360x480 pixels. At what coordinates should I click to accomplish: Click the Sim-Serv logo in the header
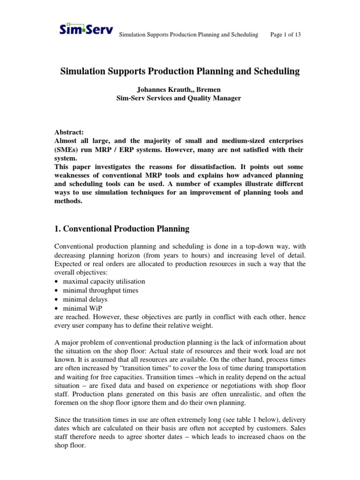86,30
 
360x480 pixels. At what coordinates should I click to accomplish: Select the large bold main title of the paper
180,72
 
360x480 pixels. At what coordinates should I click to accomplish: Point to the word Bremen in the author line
213,89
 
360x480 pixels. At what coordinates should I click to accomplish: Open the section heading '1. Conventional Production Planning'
122,229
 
